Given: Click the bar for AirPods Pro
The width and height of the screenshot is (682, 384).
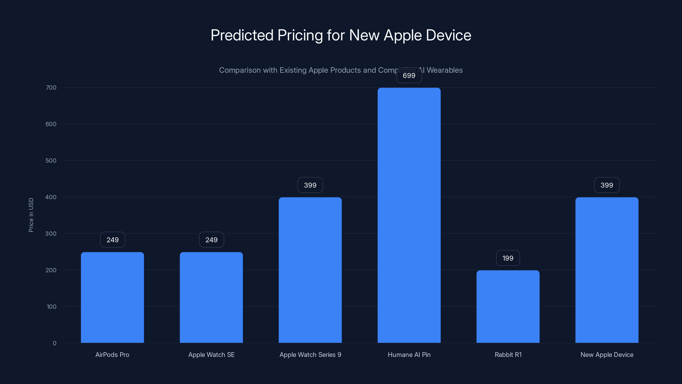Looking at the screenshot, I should (112, 297).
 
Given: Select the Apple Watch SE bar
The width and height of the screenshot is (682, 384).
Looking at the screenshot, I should (211, 297).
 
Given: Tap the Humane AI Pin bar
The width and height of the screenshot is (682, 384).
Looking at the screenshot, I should (409, 215).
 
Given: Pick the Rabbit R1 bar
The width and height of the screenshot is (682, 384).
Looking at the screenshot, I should (508, 306).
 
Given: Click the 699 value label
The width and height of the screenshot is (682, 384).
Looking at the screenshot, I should (409, 76).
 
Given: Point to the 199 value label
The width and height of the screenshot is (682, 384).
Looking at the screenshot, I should (508, 258).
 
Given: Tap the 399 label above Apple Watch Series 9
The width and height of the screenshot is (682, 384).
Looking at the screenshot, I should (310, 185).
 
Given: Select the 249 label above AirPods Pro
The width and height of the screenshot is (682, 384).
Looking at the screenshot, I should (113, 240).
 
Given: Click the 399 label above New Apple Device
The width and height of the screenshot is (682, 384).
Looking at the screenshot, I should (607, 185).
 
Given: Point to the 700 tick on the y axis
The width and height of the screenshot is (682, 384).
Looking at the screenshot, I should (51, 87).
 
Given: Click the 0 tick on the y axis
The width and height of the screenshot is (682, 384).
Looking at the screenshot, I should (55, 343).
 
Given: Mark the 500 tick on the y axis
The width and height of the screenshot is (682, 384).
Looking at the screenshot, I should (51, 161).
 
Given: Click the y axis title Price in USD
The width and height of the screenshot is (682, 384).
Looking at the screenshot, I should (31, 215).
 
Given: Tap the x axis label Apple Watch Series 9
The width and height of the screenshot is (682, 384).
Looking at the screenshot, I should (310, 355).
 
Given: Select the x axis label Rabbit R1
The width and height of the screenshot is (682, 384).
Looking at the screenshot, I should (508, 355).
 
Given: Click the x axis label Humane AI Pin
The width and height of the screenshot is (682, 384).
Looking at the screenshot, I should (409, 355).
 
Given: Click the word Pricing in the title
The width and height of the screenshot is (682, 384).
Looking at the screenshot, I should (300, 35).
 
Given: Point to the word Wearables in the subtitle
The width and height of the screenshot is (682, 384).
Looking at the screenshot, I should (445, 70).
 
